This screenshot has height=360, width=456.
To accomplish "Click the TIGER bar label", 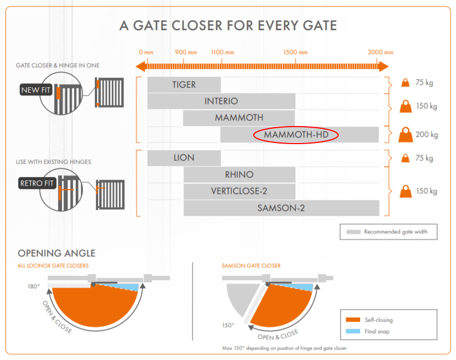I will [184, 85].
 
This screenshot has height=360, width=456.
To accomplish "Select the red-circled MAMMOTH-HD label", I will [296, 135].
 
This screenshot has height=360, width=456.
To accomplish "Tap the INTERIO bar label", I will [221, 101].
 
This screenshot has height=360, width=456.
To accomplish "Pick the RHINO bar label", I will [239, 175].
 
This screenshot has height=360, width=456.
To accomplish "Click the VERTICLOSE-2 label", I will [239, 191].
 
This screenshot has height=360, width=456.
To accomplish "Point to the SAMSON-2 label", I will [281, 208].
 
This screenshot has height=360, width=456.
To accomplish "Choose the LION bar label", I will [184, 158].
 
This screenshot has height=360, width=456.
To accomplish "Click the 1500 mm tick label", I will [295, 53].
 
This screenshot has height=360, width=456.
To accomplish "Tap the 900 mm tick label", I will [186, 53].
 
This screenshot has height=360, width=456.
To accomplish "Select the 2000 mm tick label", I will [380, 53].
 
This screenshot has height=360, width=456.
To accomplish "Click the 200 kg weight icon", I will [406, 134].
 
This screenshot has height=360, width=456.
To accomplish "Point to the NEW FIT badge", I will [36, 90].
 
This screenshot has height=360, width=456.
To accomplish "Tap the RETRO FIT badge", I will [37, 184].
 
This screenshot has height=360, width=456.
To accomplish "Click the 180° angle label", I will [35, 287].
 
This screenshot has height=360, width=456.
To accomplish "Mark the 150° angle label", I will [228, 325].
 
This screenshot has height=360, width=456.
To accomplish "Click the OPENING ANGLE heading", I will [56, 253].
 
